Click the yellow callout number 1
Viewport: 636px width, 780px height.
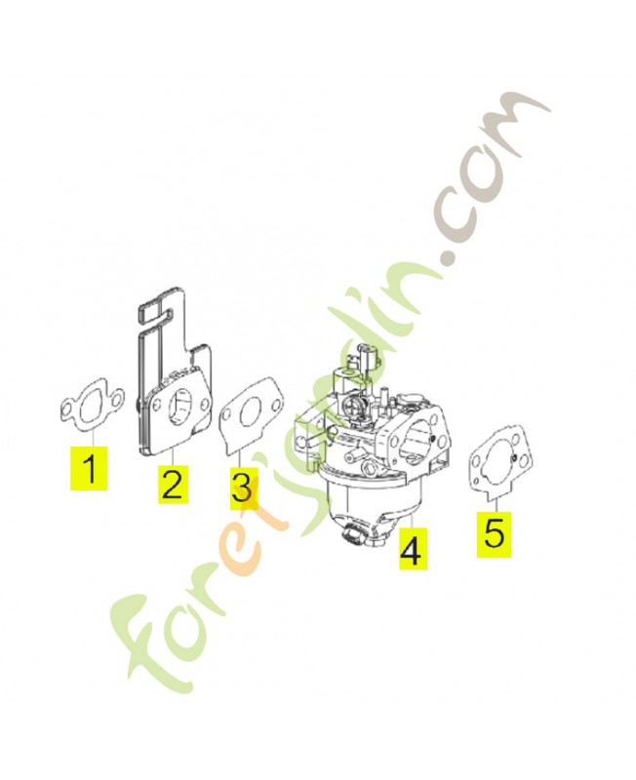tap(90, 468)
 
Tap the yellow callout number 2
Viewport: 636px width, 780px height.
tap(173, 484)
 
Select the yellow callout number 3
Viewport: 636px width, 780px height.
tap(243, 488)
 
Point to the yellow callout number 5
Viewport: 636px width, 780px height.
tap(494, 533)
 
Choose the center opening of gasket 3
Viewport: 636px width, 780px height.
tap(248, 413)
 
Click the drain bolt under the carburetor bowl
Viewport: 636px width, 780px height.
tap(351, 533)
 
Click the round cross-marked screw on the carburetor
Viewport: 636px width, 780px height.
tap(350, 407)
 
